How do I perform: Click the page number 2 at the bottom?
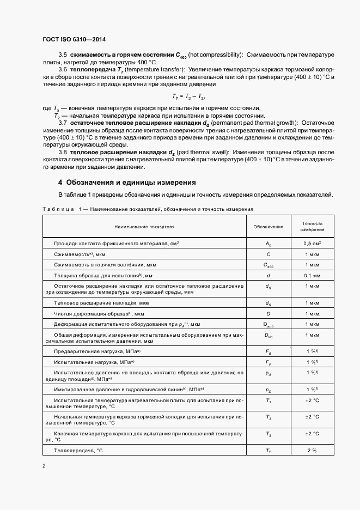point(44,465)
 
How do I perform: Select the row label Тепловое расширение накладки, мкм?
point(102,302)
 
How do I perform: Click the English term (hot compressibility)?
point(215,56)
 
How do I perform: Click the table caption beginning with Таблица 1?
point(147,209)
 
